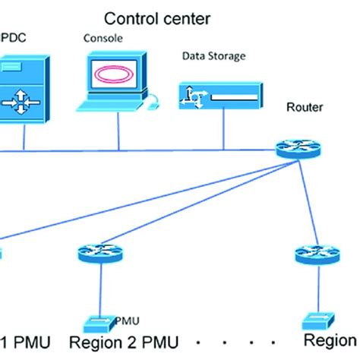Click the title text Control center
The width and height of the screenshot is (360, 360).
(157, 17)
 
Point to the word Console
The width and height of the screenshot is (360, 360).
(102, 36)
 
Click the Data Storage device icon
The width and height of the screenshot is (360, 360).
(221, 95)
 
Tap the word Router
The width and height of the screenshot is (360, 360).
(304, 107)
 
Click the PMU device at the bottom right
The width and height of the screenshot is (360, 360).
(314, 321)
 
